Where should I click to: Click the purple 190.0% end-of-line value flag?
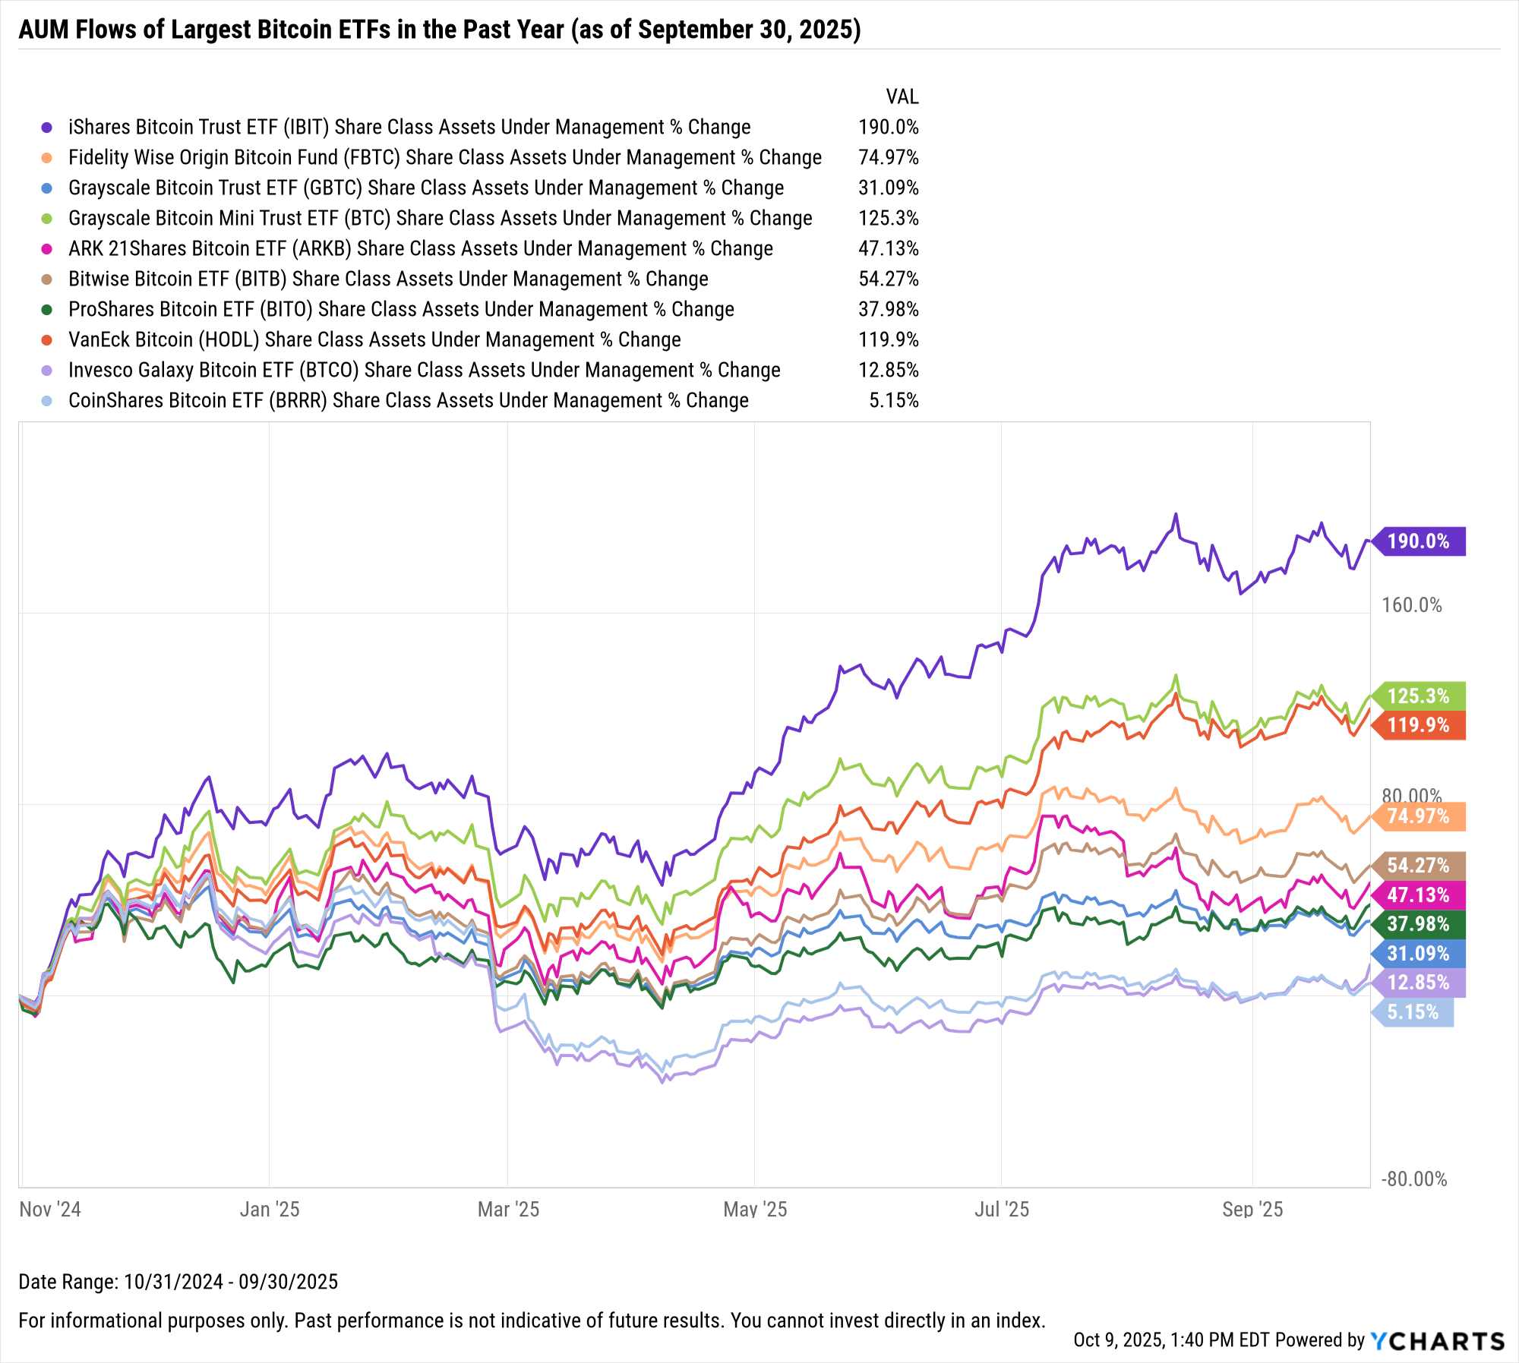pyautogui.click(x=1419, y=541)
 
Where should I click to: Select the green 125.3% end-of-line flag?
pyautogui.click(x=1419, y=696)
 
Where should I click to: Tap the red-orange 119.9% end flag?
pyautogui.click(x=1419, y=725)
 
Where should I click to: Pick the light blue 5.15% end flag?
pyautogui.click(x=1413, y=1012)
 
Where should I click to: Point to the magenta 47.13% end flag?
pyautogui.click(x=1419, y=895)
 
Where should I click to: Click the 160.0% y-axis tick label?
pyautogui.click(x=1412, y=605)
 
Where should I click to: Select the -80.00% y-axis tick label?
pyautogui.click(x=1414, y=1179)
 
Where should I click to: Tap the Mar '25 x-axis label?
pyautogui.click(x=508, y=1210)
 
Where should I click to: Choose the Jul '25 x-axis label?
pyautogui.click(x=1002, y=1210)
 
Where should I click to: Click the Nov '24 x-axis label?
pyautogui.click(x=50, y=1210)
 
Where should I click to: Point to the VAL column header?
pyautogui.click(x=902, y=97)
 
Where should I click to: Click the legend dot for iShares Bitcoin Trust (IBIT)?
pyautogui.click(x=47, y=128)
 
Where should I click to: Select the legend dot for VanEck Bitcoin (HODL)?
pyautogui.click(x=47, y=340)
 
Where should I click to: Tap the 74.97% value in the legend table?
pyautogui.click(x=889, y=158)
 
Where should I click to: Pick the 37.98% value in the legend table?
pyautogui.click(x=889, y=310)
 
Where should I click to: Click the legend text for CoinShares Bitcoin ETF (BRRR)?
pyautogui.click(x=409, y=401)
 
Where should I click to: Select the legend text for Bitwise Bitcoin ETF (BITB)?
pyautogui.click(x=388, y=279)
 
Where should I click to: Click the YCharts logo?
pyautogui.click(x=1438, y=1341)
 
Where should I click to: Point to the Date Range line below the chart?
pyautogui.click(x=178, y=1282)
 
